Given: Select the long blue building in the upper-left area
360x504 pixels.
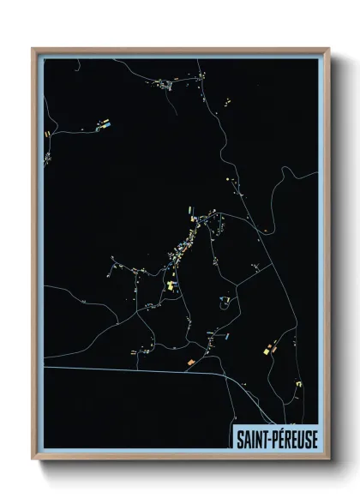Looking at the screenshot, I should click(x=108, y=124).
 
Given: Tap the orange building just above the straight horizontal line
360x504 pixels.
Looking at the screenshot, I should click(x=190, y=362).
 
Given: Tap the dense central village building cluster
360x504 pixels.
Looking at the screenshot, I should click(x=183, y=244).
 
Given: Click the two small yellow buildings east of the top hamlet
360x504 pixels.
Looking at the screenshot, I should click(x=228, y=103).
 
